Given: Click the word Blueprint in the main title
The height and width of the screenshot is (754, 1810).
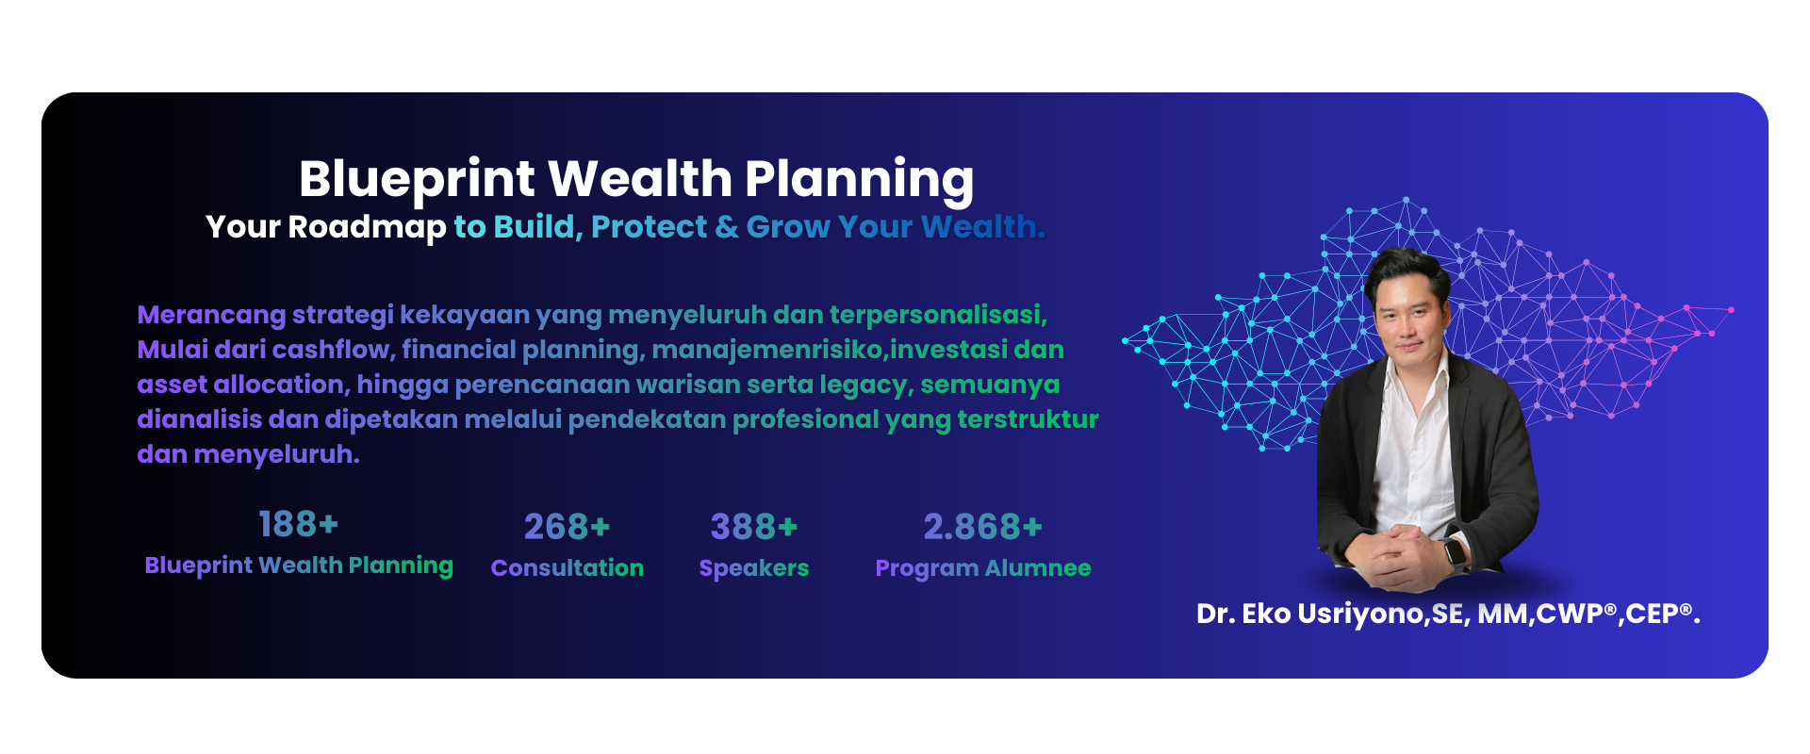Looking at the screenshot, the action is [417, 180].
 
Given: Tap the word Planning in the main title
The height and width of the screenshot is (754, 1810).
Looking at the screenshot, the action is [859, 180].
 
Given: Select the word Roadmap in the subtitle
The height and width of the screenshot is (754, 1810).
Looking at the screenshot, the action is [367, 227].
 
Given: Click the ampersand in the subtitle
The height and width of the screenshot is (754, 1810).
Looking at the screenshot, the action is [727, 227].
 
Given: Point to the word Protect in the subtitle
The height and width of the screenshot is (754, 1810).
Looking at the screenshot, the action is [649, 227].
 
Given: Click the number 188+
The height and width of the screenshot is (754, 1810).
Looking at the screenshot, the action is [298, 524].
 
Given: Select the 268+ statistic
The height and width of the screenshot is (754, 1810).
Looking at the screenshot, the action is [567, 527].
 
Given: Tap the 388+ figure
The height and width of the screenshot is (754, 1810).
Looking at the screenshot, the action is [753, 527].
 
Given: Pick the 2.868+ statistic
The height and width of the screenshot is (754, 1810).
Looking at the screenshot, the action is [982, 527].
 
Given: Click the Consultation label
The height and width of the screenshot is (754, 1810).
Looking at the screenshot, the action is [567, 567].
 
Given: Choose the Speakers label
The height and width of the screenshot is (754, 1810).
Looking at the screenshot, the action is [753, 568].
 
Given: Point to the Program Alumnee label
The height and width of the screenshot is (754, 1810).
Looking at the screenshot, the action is [982, 568].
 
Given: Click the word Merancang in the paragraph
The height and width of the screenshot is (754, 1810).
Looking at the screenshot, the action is [211, 315].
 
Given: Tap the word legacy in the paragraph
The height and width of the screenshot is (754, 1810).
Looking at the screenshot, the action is [865, 385].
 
